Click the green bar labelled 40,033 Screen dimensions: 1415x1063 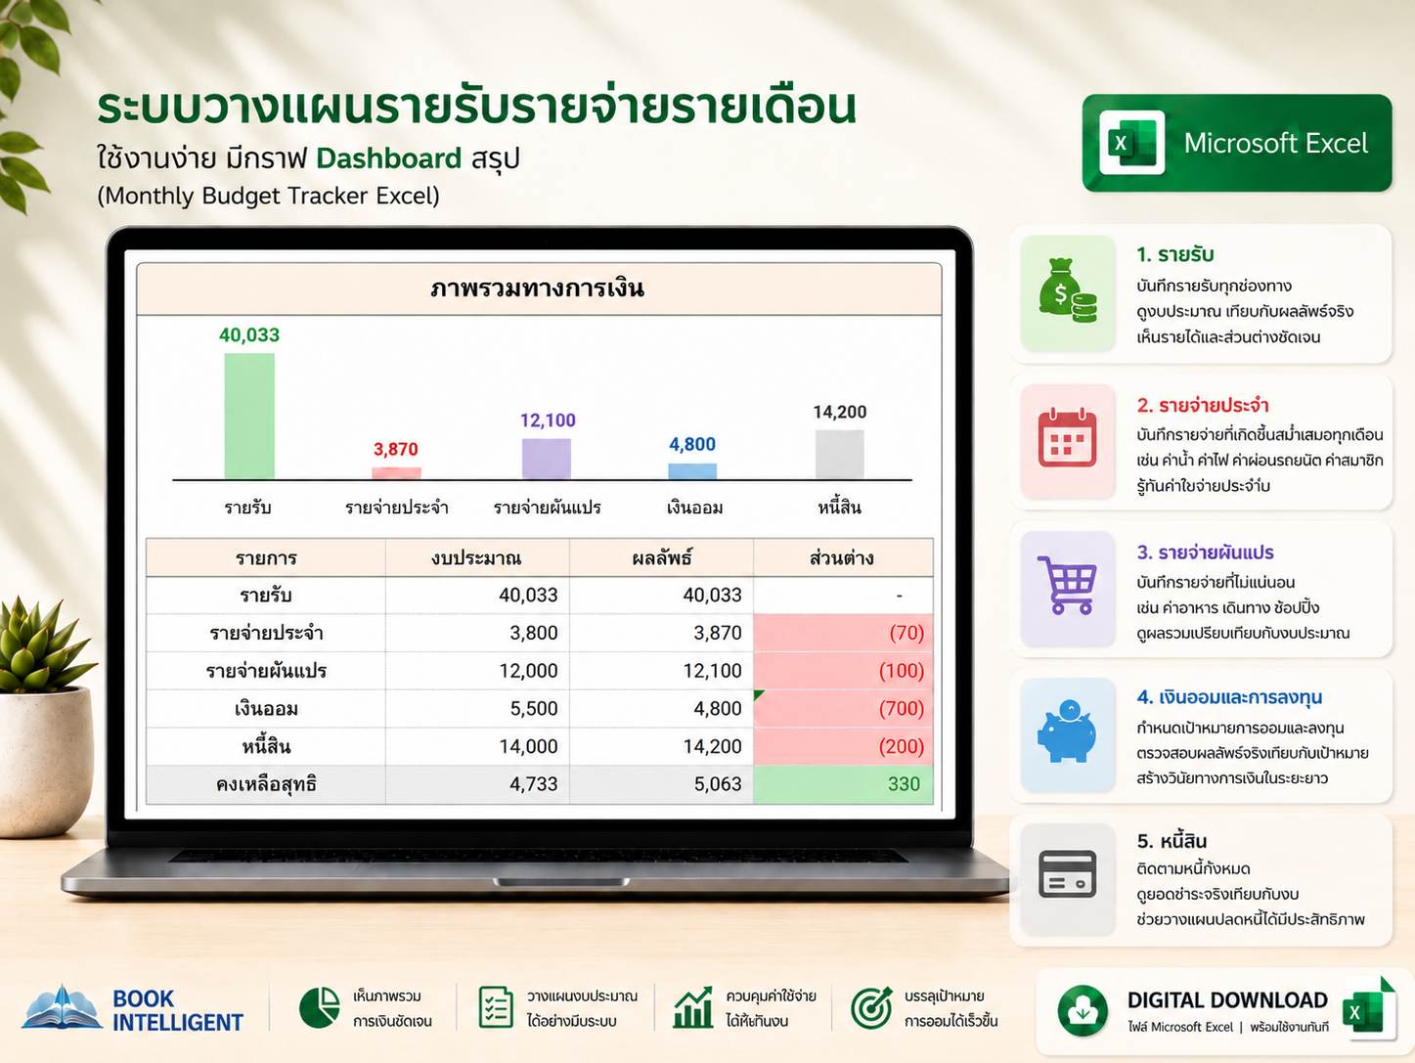[249, 416]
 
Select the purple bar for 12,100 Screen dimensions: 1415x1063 [546, 459]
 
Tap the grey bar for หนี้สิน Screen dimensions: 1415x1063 [839, 455]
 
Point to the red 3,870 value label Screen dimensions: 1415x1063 [396, 449]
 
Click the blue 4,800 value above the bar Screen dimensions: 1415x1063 [692, 444]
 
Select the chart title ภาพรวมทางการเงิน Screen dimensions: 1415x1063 [538, 288]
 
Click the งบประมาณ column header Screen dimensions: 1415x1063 [476, 557]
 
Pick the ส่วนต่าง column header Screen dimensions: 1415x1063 [842, 557]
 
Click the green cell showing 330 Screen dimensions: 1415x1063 [843, 784]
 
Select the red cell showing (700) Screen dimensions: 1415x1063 [843, 708]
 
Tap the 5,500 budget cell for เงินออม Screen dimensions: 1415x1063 [534, 708]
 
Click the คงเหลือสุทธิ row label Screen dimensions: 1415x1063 [266, 784]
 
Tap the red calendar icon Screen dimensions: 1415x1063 [1068, 437]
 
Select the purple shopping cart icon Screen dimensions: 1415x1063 [1067, 585]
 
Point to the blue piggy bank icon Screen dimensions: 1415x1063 [1067, 731]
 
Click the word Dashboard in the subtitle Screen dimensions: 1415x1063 [389, 158]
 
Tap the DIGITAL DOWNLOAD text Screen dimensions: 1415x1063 [1227, 999]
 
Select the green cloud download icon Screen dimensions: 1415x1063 [1083, 1011]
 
